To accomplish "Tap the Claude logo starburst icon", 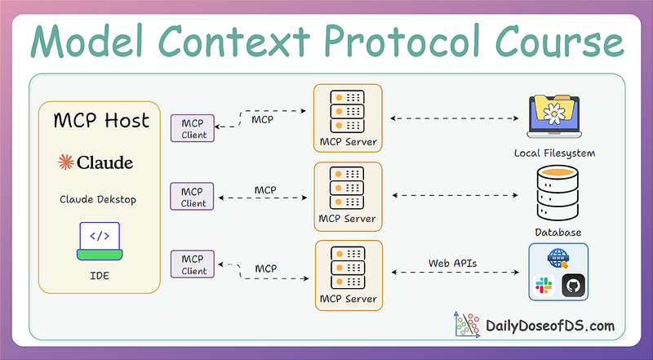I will (65, 162).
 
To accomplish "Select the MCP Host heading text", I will (101, 121).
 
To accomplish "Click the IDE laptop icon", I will (98, 241).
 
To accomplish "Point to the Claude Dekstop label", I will (97, 198).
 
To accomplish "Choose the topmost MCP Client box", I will (193, 127).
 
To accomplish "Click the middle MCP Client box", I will (193, 196).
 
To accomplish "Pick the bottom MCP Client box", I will (193, 264).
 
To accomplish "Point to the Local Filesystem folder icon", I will (554, 117).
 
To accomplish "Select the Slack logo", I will (541, 286).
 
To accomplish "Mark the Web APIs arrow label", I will (452, 263).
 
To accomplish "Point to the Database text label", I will (558, 233).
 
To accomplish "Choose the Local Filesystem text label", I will (554, 153).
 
